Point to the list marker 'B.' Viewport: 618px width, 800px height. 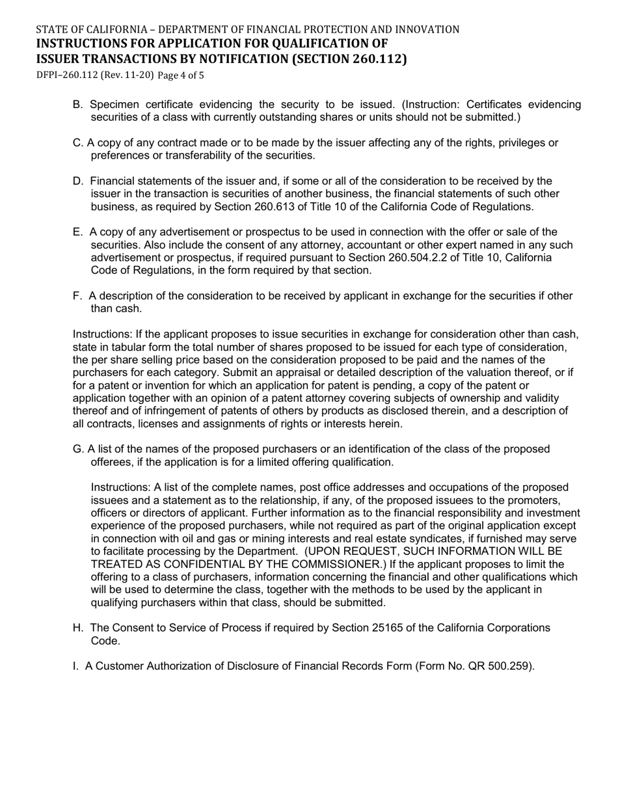pos(78,105)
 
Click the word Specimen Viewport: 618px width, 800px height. pos(113,105)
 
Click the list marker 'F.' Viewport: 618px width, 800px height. pos(77,296)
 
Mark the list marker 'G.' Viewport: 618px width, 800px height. pos(78,449)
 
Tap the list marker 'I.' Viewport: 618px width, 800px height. pos(75,666)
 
